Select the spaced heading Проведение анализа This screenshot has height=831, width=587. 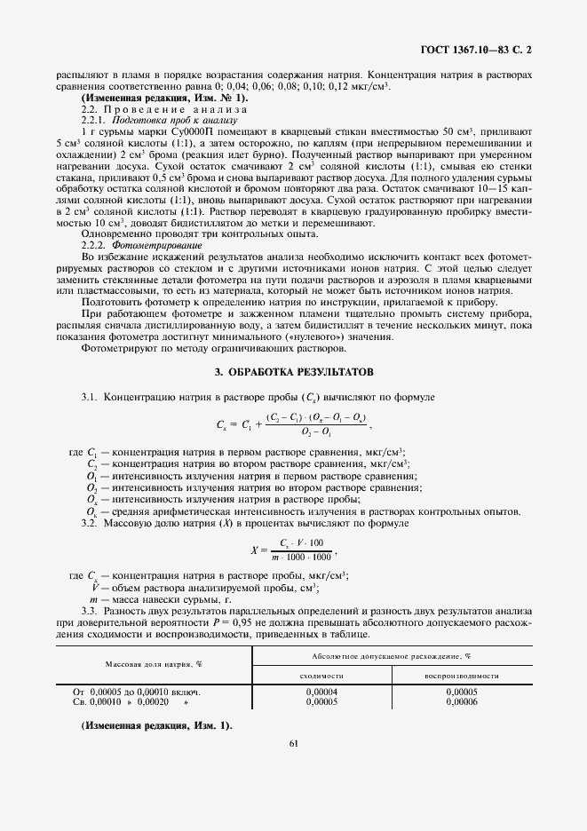click(x=164, y=108)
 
